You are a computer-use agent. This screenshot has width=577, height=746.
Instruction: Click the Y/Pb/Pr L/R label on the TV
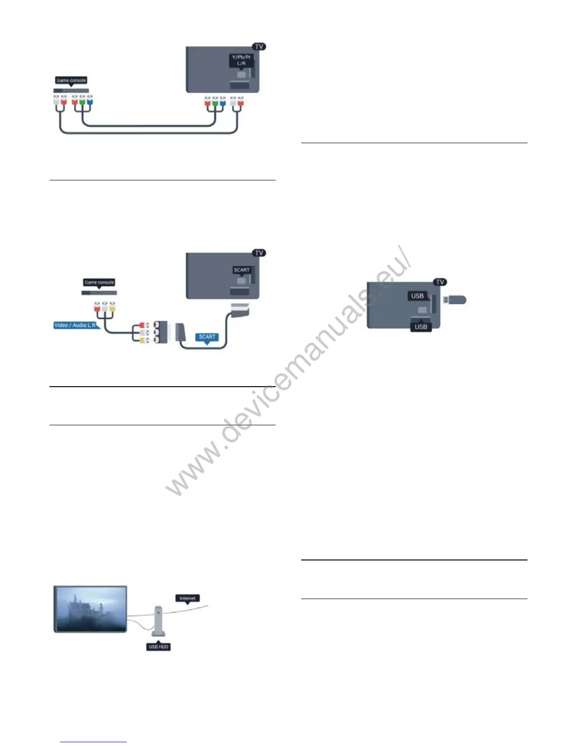tap(241, 60)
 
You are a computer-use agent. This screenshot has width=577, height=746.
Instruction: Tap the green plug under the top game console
tap(82, 101)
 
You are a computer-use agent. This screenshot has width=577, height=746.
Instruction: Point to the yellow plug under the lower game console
tap(112, 307)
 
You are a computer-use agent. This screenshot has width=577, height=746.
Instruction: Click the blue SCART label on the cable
tap(207, 337)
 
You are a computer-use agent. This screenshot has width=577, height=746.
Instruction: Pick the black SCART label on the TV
tap(241, 270)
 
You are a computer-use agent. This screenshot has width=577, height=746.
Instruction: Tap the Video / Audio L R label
tap(75, 325)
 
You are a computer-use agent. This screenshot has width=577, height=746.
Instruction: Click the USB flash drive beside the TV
tap(455, 299)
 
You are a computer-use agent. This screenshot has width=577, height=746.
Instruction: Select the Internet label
tap(187, 598)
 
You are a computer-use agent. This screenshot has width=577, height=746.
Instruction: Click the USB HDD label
tap(158, 647)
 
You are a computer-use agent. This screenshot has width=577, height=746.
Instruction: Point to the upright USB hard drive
tap(159, 622)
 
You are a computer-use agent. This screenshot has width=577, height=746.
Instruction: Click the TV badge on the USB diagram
tap(440, 282)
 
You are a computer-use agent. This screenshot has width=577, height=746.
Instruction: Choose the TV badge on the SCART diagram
tap(259, 253)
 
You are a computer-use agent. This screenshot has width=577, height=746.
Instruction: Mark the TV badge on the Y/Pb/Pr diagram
tap(259, 47)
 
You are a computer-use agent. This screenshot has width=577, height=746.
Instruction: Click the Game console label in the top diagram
tap(71, 81)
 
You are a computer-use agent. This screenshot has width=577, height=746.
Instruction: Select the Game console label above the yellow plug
tap(99, 282)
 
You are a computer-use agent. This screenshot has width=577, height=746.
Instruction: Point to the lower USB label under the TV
tap(420, 327)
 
